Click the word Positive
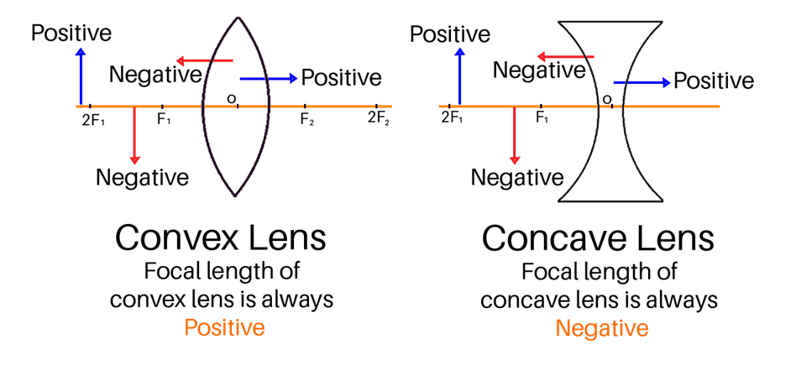(x=224, y=327)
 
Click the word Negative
(x=601, y=328)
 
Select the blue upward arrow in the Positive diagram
(x=81, y=76)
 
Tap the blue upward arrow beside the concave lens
(x=460, y=76)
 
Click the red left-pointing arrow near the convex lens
(x=204, y=60)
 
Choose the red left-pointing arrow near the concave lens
(x=565, y=57)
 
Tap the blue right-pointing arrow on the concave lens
(x=642, y=82)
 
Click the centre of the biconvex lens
(x=236, y=107)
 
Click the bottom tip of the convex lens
(x=235, y=196)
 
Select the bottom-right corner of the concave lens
(x=662, y=201)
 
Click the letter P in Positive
(x=190, y=327)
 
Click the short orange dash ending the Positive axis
(x=385, y=107)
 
